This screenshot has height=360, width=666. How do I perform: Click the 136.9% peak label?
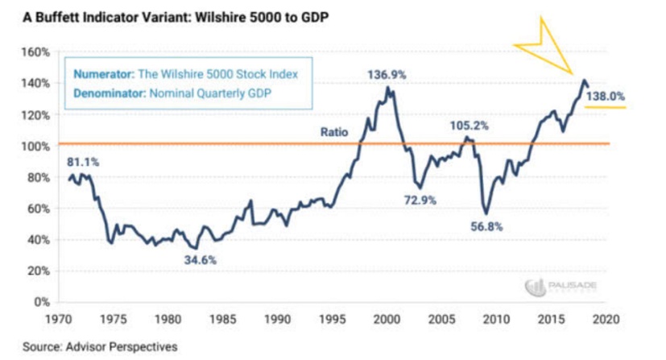(x=387, y=75)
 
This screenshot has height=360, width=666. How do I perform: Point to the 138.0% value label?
(x=606, y=97)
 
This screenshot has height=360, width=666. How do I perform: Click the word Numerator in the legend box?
(x=102, y=74)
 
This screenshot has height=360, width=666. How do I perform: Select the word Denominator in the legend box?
(x=108, y=93)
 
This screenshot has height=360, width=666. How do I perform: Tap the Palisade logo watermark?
(x=556, y=287)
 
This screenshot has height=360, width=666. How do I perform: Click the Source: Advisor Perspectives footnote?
(x=88, y=348)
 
